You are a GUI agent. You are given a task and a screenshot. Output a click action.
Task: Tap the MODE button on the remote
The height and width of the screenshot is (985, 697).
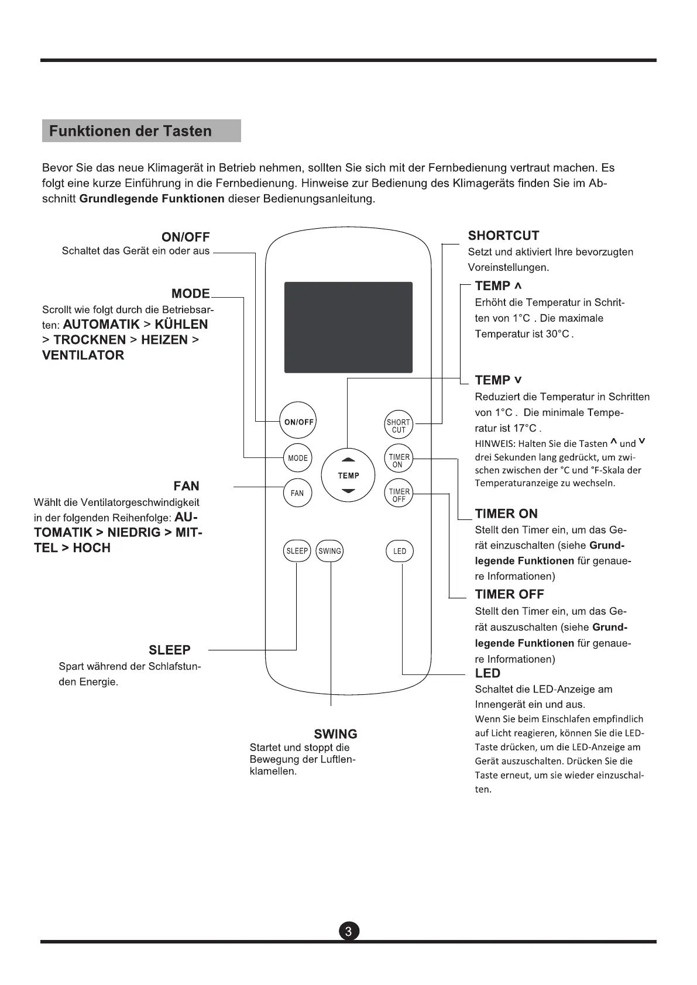[298, 458]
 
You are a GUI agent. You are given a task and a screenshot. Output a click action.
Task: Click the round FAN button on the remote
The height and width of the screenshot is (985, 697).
[297, 492]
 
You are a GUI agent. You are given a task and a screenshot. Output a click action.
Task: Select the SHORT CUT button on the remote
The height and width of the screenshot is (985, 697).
[399, 426]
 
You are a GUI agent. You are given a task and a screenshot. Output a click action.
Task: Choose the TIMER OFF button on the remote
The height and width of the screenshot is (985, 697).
[399, 495]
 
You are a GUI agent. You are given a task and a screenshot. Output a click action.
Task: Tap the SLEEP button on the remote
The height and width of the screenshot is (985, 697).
[297, 551]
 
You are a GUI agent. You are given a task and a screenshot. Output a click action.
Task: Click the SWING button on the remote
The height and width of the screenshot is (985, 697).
[329, 551]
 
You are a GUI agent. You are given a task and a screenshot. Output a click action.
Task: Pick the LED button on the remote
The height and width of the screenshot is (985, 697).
[400, 551]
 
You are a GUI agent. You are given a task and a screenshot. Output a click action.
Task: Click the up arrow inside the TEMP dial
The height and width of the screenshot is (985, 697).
[348, 459]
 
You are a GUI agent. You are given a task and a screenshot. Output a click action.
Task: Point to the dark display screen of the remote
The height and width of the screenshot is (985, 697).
[348, 327]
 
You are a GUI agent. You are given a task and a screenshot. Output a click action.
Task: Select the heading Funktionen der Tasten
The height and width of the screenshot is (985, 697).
[131, 131]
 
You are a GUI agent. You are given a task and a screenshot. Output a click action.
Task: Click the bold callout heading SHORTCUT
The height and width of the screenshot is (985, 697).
[503, 236]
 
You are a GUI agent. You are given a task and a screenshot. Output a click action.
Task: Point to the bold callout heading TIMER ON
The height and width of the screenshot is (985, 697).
[506, 514]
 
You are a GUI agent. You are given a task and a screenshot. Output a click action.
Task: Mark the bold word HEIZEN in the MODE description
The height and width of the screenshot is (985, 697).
[164, 340]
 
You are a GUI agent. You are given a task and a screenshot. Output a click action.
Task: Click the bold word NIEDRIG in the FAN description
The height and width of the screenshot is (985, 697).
[133, 532]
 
